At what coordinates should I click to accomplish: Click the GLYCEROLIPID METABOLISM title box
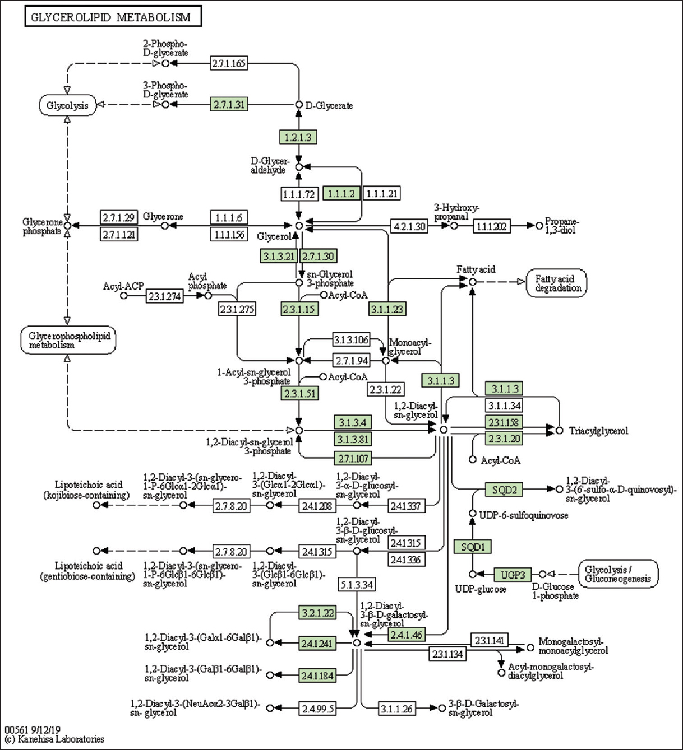coord(113,17)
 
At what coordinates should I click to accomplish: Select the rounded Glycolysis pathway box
coord(68,105)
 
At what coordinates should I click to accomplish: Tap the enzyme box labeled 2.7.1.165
coord(229,63)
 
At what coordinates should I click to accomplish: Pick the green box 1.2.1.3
coord(298,137)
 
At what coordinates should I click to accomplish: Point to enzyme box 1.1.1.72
coord(299,194)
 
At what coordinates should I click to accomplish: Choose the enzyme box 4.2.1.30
coord(409,226)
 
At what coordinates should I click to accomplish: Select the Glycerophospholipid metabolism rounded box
coord(69,340)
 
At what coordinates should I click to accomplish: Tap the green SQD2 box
coord(504,490)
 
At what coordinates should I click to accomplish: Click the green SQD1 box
coord(473,547)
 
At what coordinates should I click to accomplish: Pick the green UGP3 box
coord(513,575)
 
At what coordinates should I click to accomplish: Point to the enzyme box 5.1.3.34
coord(357,585)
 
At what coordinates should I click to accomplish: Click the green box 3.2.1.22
coord(317,613)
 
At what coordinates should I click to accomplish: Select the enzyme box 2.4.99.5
coord(317,709)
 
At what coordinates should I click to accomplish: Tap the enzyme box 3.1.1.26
coord(396,709)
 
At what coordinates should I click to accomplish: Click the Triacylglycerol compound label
coord(598,431)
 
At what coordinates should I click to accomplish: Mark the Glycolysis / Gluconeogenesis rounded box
coord(618,574)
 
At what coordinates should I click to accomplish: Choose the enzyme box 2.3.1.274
coord(164,296)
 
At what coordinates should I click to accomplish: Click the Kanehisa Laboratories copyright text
coord(54,739)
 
